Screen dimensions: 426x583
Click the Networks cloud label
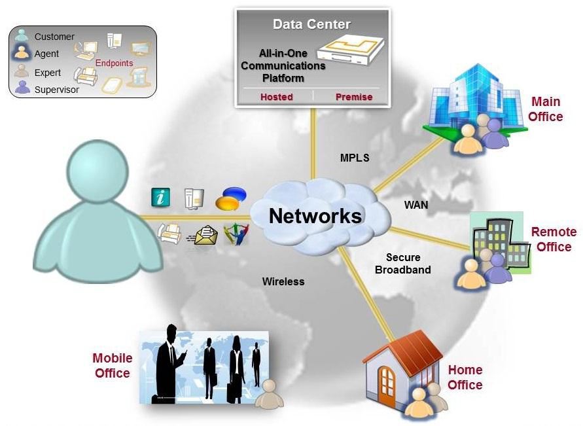(x=315, y=215)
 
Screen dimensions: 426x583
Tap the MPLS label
(x=355, y=158)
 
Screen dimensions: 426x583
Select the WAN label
(x=416, y=205)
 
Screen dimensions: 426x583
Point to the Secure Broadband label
(x=403, y=263)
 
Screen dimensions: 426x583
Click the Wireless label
(x=283, y=281)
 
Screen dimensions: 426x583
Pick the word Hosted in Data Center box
(x=276, y=97)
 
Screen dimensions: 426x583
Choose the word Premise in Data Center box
(x=354, y=97)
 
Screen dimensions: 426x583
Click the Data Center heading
(x=311, y=25)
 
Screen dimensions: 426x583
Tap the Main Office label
(x=546, y=109)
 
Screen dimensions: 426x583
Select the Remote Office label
(x=554, y=240)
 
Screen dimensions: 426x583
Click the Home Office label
(x=465, y=378)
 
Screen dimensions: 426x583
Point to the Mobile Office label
(x=113, y=366)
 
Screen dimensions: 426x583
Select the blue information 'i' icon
(x=160, y=196)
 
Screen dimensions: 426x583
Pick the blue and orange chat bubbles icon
(x=234, y=198)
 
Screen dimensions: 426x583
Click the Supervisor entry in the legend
(x=56, y=90)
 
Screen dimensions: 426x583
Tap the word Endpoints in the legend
(x=114, y=63)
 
